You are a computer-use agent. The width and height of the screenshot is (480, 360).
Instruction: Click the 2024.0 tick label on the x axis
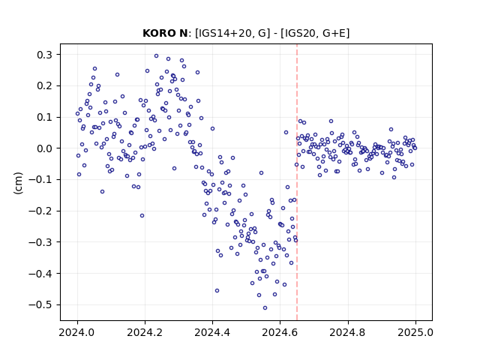(77, 332)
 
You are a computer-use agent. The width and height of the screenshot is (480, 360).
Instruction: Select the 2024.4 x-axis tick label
(212, 332)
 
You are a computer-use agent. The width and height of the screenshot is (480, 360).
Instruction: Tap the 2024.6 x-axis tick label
(280, 332)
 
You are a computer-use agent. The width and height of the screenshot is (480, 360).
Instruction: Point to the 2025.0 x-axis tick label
(415, 332)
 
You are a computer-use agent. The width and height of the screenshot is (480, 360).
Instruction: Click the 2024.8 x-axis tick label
(348, 332)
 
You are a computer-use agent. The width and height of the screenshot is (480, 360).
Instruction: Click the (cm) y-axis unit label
(18, 183)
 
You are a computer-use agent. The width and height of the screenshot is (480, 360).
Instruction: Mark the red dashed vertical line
(297, 182)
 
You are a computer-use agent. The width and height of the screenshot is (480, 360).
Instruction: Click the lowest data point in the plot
(265, 308)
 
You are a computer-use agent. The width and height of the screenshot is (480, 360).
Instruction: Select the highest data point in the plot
(156, 56)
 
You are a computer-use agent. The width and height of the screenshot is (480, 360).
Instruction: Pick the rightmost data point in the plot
(415, 148)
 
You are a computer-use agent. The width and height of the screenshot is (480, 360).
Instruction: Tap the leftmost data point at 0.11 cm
(77, 113)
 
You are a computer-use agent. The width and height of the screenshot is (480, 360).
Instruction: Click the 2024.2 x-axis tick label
(145, 332)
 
